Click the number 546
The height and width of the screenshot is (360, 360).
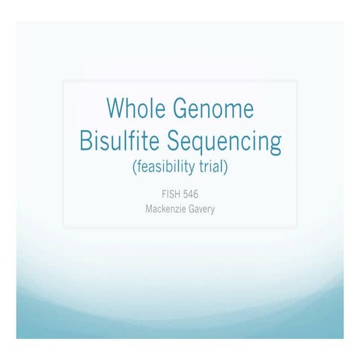pos(194,195)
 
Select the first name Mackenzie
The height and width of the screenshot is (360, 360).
pos(167,209)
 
